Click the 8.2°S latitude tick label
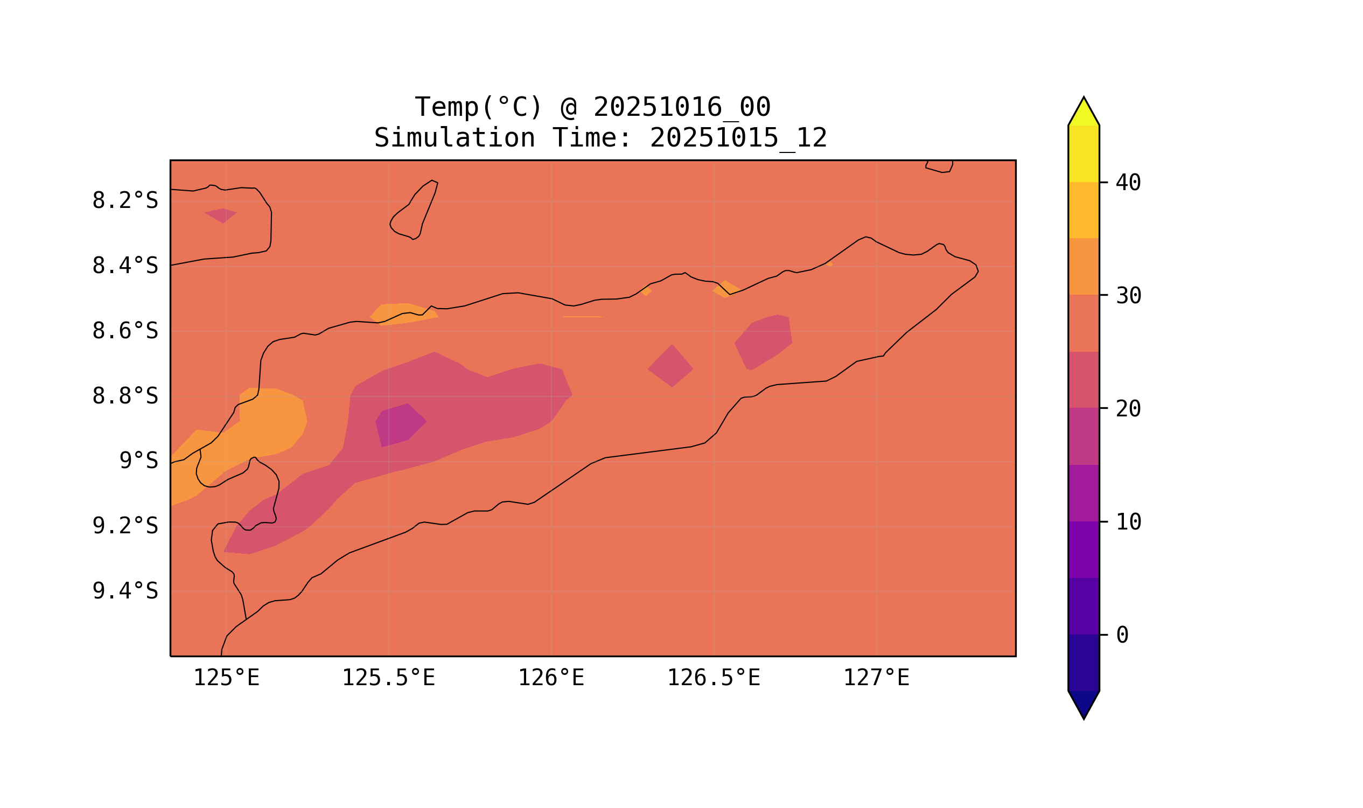point(124,201)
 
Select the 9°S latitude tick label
point(138,461)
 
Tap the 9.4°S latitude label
point(124,591)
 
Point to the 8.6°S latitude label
point(124,331)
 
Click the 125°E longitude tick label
point(226,678)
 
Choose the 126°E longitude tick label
point(551,678)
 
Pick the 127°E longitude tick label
point(876,678)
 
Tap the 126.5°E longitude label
point(713,678)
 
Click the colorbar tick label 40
point(1128,184)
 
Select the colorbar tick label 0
point(1122,636)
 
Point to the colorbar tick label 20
point(1128,409)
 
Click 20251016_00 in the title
point(682,107)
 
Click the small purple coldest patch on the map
point(400,425)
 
